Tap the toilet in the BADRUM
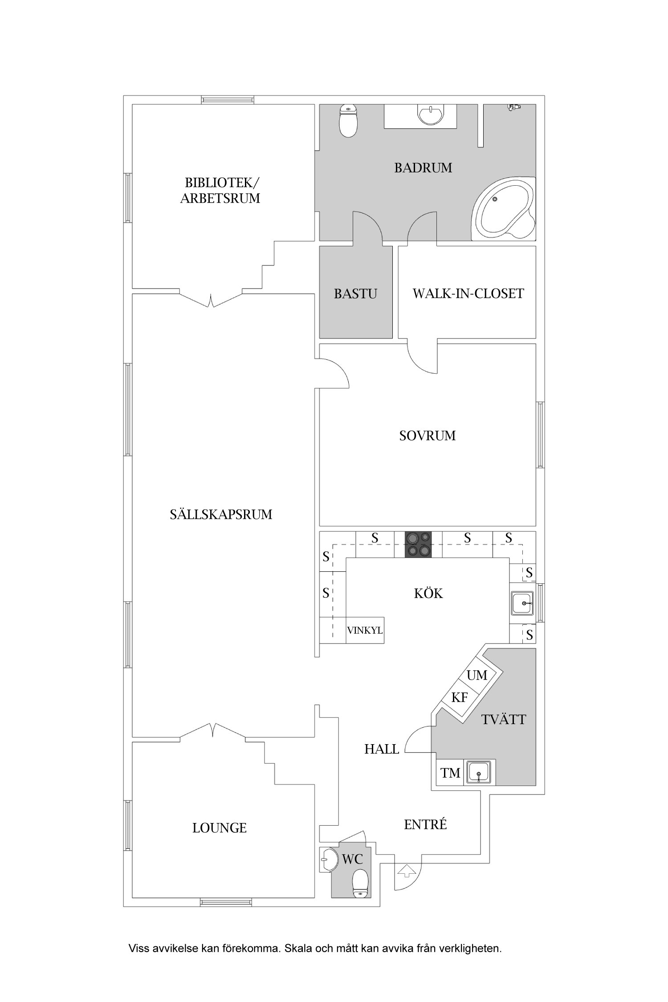[348, 121]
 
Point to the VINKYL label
[365, 631]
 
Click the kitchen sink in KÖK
[522, 603]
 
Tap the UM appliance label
[477, 675]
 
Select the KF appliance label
[460, 697]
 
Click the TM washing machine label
[450, 773]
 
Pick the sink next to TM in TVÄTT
[479, 772]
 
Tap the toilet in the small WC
[360, 883]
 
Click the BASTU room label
[355, 294]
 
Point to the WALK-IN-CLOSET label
[468, 293]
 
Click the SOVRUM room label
[428, 436]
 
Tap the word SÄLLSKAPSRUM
[221, 514]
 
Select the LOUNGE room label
[220, 828]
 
